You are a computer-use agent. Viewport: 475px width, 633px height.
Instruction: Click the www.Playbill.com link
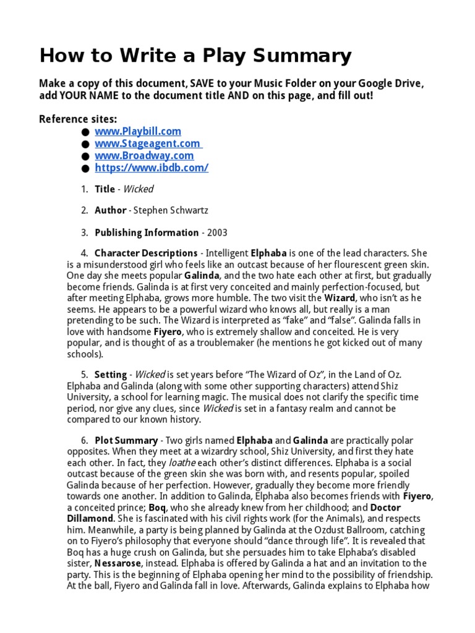pos(137,131)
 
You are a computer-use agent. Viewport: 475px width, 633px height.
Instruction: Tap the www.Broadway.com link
pos(143,156)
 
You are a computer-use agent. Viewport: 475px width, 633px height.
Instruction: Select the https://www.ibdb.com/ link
pos(152,168)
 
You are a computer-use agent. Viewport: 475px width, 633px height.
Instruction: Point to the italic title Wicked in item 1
pos(139,189)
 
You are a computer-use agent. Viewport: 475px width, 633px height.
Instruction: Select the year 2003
pos(217,233)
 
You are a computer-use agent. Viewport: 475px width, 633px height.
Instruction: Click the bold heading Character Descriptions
pos(146,253)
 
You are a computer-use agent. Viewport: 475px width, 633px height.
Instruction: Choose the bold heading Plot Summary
pos(126,441)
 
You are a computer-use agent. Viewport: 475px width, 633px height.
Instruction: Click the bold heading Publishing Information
pos(147,233)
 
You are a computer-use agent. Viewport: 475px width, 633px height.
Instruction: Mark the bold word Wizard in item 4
pos(340,298)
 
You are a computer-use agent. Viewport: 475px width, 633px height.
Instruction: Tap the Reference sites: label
pos(78,119)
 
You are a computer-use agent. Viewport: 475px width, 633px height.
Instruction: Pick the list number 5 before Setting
pos(84,375)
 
